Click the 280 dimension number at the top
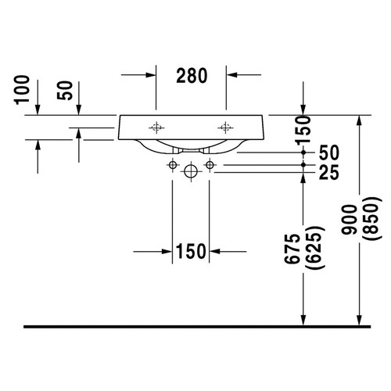(x=192, y=76)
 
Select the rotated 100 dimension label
(x=22, y=90)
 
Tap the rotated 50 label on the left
(x=64, y=91)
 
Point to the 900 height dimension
(x=349, y=220)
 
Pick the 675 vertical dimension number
(x=292, y=249)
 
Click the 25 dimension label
(x=329, y=172)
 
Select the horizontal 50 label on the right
(x=329, y=152)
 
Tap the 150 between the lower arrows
(x=191, y=252)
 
